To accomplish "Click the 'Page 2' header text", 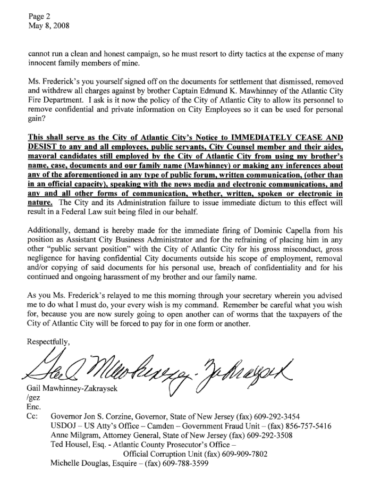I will click(x=38, y=15).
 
